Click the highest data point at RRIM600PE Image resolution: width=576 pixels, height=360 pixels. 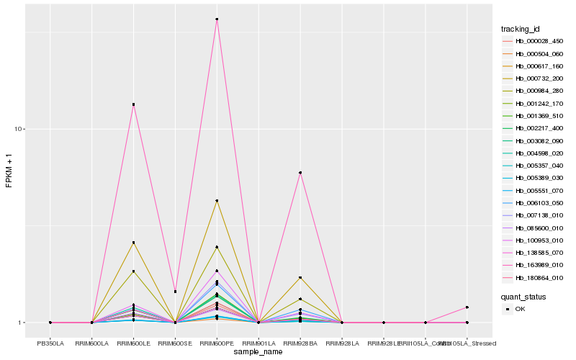[x=217, y=19]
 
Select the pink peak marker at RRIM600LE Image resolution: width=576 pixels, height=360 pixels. [x=133, y=104]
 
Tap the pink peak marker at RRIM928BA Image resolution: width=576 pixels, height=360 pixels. [x=300, y=173]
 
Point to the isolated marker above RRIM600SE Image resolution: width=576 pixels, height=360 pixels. [x=175, y=292]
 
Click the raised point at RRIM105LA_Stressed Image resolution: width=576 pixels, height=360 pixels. [x=467, y=307]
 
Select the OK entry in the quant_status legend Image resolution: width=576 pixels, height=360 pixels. [x=521, y=309]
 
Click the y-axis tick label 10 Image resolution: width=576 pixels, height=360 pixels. [x=21, y=129]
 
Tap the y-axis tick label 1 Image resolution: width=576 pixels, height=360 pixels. [x=23, y=323]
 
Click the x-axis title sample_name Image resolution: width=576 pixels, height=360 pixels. [x=258, y=352]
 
